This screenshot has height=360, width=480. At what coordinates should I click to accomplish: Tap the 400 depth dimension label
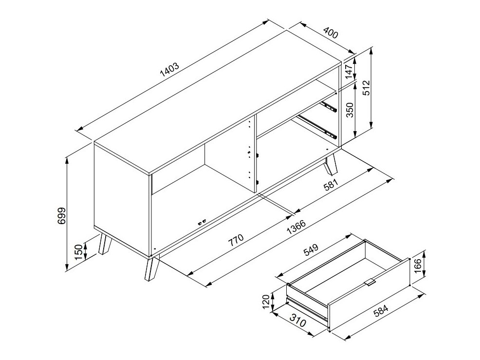tap(331, 35)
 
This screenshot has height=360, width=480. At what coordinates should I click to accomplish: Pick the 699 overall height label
tap(61, 215)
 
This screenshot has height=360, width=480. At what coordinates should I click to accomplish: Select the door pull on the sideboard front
tap(202, 222)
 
